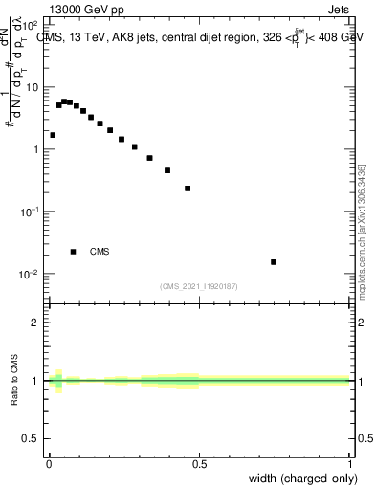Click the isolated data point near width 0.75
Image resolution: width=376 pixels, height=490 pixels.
pos(274,261)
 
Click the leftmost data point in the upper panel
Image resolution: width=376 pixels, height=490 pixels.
pos(53,135)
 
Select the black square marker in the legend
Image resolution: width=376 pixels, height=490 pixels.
pos(73,252)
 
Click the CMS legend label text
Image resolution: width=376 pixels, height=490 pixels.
pos(100,252)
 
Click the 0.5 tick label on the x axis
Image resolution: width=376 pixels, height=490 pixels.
pos(200,464)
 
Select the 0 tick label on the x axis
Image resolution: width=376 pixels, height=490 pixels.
pos(49,464)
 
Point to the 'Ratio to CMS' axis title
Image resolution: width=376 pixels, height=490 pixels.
pos(15,381)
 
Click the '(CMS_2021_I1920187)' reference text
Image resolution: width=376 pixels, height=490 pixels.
pos(199,285)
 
